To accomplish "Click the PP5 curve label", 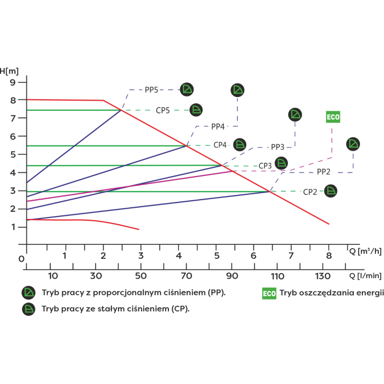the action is coord(151,90).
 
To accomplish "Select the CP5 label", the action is coord(163,110).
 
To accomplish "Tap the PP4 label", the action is coord(218,127).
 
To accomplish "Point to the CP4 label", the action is coord(220,145).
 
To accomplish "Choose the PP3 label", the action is coord(277,147).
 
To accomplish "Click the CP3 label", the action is coord(265,166).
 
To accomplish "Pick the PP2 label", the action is coord(324,172).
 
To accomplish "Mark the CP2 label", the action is coord(310,192).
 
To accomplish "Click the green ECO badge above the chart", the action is coord(333,117).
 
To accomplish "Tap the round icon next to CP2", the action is coord(331,191).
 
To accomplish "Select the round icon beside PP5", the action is coord(187,89).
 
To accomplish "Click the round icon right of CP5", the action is coord(196,110).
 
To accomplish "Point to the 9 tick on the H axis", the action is coord(12,82).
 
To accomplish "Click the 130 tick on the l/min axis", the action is coord(323,276).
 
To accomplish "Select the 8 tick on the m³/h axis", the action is coord(329,256).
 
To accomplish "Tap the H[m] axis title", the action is coord(9,71).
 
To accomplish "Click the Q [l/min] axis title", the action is coord(365,276).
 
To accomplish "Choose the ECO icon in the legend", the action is coord(269,293).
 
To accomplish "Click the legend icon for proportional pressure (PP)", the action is coord(29,293).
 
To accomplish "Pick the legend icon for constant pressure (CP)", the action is coord(29,309).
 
